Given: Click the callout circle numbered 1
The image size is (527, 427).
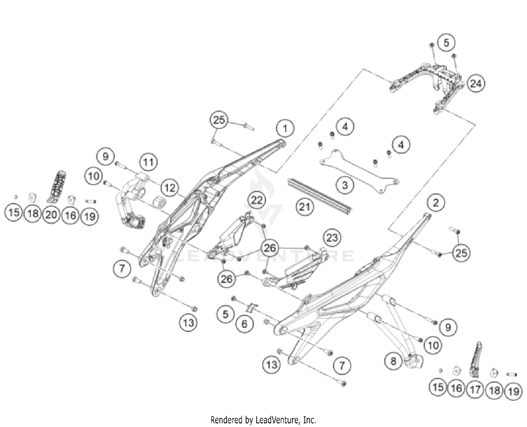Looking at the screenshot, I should [x=285, y=128].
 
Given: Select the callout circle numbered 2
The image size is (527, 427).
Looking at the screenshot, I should [x=436, y=203].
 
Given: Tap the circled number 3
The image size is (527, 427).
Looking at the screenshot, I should [x=345, y=185].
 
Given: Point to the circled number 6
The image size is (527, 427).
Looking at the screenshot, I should [x=245, y=323].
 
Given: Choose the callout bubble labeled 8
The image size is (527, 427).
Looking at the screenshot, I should [x=393, y=361].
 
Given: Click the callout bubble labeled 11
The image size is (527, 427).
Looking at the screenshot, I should [x=148, y=162].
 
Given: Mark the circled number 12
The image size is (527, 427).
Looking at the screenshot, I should [x=170, y=188].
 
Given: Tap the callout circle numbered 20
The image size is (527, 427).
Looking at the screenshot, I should [x=51, y=214].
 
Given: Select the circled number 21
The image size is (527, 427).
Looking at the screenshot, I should [x=304, y=206].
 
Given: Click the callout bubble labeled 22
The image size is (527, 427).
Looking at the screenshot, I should [x=256, y=200].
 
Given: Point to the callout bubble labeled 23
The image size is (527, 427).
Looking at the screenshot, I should [x=332, y=238].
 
